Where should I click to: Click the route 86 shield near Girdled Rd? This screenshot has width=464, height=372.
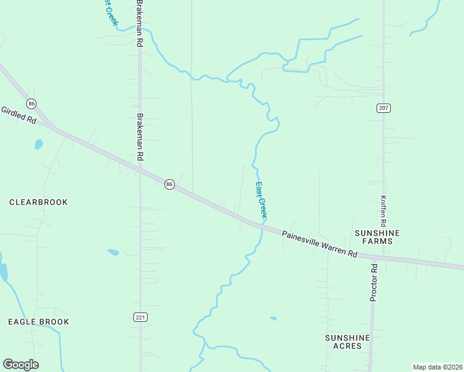pos(32,103)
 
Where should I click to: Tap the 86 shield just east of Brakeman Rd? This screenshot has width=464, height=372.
pos(169,184)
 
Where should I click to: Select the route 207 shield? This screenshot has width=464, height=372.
pos(383,108)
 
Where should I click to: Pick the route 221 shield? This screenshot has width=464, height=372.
pos(140,317)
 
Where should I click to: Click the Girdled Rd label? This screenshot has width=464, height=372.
pos(19,115)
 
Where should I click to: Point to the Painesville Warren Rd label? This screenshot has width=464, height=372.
pos(320,244)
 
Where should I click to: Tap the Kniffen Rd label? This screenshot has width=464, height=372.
pos(383,211)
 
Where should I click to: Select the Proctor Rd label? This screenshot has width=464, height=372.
pos(373,282)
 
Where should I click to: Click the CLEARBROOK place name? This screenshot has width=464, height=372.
pos(38,202)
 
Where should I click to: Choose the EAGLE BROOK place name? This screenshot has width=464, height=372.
pos(38,322)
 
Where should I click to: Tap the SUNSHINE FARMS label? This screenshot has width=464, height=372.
pos(378,237)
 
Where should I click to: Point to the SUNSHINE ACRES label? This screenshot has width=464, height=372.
pos(347,342)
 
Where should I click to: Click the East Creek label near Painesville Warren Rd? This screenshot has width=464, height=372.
pos(262,199)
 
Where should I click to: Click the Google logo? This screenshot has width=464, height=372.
pos(20,364)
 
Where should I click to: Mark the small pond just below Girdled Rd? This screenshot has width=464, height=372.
pos(38,144)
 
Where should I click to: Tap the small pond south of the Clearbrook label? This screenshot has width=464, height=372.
pos(113,252)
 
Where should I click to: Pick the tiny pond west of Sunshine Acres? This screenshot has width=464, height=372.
pos(273,318)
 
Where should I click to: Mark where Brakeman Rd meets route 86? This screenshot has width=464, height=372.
pos(140,167)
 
